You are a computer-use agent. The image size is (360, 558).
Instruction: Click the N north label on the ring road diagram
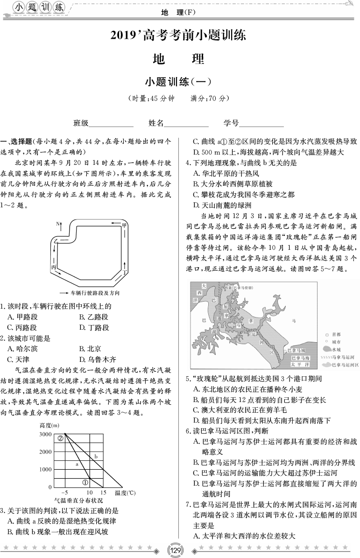[x=59, y=224]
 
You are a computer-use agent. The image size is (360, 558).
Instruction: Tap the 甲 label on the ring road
[x=124, y=226]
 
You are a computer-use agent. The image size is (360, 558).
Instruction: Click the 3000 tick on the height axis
[x=46, y=435]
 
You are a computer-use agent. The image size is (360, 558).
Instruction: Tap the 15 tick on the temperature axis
[x=103, y=493]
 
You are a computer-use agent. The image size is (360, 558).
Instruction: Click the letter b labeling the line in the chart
[x=96, y=456]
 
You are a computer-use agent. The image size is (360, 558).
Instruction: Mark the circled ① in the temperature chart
[x=85, y=482]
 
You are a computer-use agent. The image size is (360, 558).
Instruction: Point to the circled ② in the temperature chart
[x=61, y=438]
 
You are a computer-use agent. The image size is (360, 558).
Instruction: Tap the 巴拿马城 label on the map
[x=297, y=349]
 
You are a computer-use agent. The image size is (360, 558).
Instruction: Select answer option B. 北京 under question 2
[x=91, y=348]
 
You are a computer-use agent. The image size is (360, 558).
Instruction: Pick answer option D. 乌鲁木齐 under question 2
[x=98, y=359]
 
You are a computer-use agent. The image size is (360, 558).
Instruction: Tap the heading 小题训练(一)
[x=179, y=82]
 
